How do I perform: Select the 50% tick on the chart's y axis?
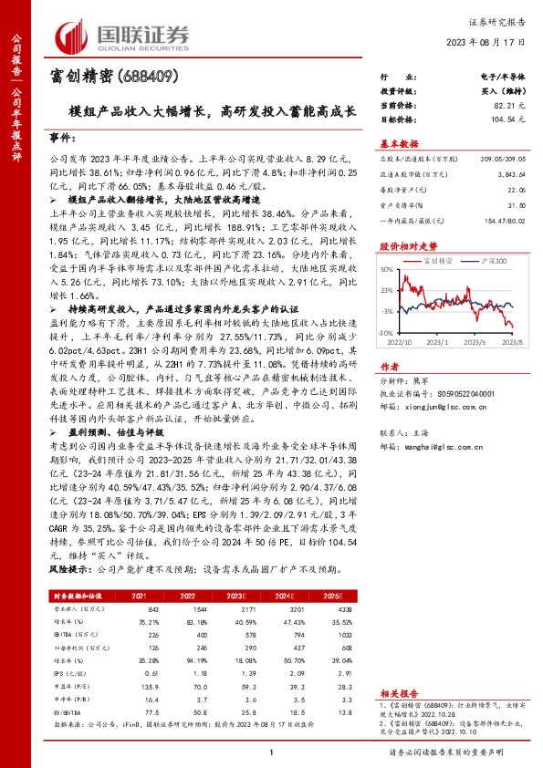coord(386,270)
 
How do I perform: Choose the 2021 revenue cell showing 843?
coord(152,607)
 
